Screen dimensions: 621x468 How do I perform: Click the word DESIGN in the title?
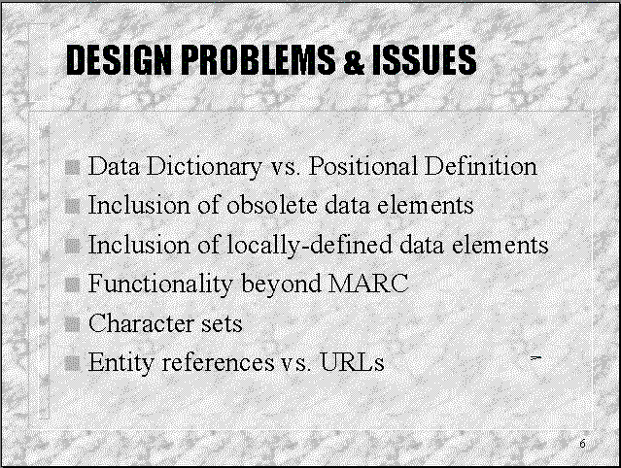coord(119,60)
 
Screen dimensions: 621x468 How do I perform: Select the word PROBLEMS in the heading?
coord(259,60)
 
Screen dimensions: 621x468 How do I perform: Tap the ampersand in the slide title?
coord(354,60)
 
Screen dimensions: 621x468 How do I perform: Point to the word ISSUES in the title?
coord(424,60)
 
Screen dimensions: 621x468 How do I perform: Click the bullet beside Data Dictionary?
coord(73,167)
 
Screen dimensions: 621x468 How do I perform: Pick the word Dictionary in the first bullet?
coord(204,166)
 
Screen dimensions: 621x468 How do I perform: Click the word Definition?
coord(481,165)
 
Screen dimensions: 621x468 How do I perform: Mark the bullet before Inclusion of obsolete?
coord(73,206)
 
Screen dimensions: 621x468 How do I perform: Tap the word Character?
coord(141,323)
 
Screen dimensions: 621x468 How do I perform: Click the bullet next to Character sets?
coord(73,324)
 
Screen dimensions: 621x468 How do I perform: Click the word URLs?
coord(352,362)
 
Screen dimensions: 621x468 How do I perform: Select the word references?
coord(218,362)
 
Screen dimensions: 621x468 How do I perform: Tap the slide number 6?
coord(582,444)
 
